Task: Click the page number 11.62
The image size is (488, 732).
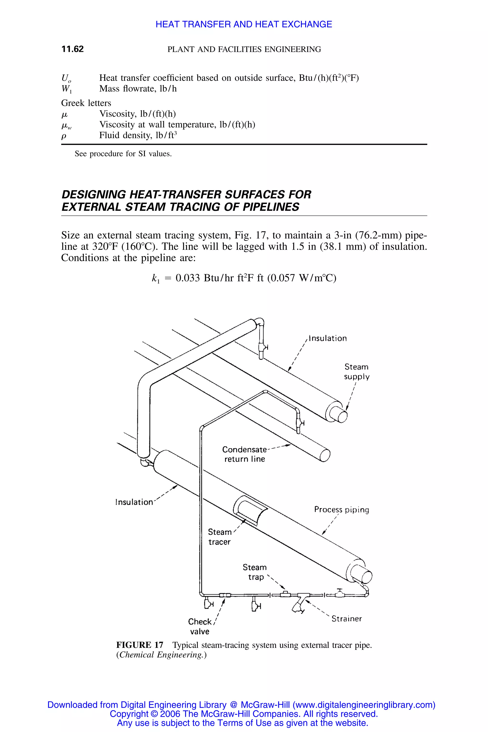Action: [x=72, y=49]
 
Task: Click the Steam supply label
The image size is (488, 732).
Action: [x=357, y=372]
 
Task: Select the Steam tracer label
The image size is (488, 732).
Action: [x=220, y=537]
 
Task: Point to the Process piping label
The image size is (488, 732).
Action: [x=341, y=510]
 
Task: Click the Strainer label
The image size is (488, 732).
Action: [x=347, y=619]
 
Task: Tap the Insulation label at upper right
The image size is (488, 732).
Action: [x=328, y=338]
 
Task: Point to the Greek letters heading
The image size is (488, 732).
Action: [x=86, y=103]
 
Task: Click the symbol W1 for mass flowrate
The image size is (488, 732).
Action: [x=66, y=89]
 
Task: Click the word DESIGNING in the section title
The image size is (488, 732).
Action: [x=93, y=194]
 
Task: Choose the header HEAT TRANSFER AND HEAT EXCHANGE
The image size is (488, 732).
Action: [x=244, y=24]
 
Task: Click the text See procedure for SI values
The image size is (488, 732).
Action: [x=123, y=154]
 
